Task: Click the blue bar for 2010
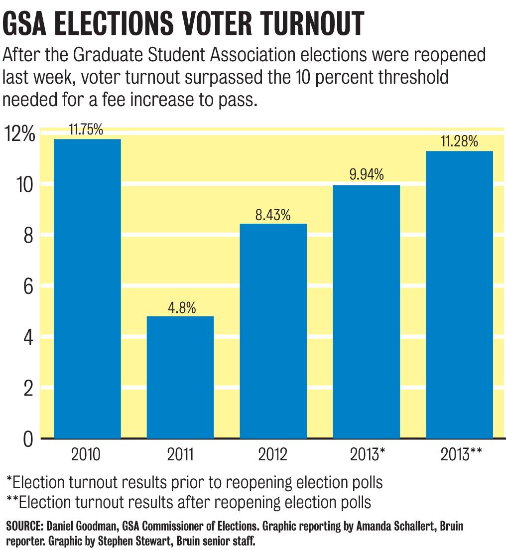tap(87, 289)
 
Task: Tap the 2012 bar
tap(273, 331)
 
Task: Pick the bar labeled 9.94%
tap(366, 312)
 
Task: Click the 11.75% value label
tap(86, 131)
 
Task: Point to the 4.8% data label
tap(180, 308)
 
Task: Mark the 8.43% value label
tap(273, 215)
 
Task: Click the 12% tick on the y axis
tap(19, 135)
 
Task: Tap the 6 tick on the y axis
tap(27, 286)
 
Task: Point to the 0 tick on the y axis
tap(28, 439)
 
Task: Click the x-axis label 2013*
tap(368, 455)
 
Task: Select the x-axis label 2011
tap(180, 455)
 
